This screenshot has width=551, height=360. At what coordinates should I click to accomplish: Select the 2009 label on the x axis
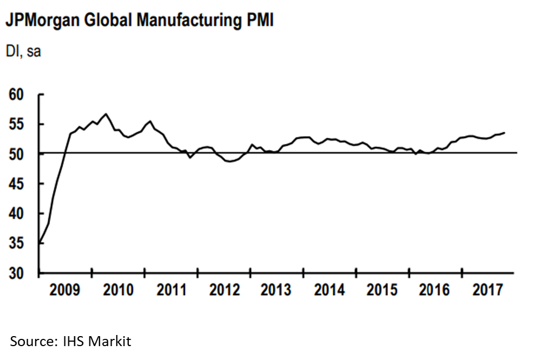[x=65, y=290]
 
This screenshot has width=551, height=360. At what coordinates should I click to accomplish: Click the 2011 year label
[x=171, y=290]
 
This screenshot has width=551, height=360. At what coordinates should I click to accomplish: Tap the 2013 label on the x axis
[x=277, y=290]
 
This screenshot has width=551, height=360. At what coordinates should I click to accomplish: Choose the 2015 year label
[x=382, y=290]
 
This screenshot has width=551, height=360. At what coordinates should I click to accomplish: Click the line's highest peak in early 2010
[x=106, y=114]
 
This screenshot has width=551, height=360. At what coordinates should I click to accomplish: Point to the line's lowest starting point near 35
[x=39, y=243]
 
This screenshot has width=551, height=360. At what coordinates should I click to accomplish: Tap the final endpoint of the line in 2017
[x=504, y=132]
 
